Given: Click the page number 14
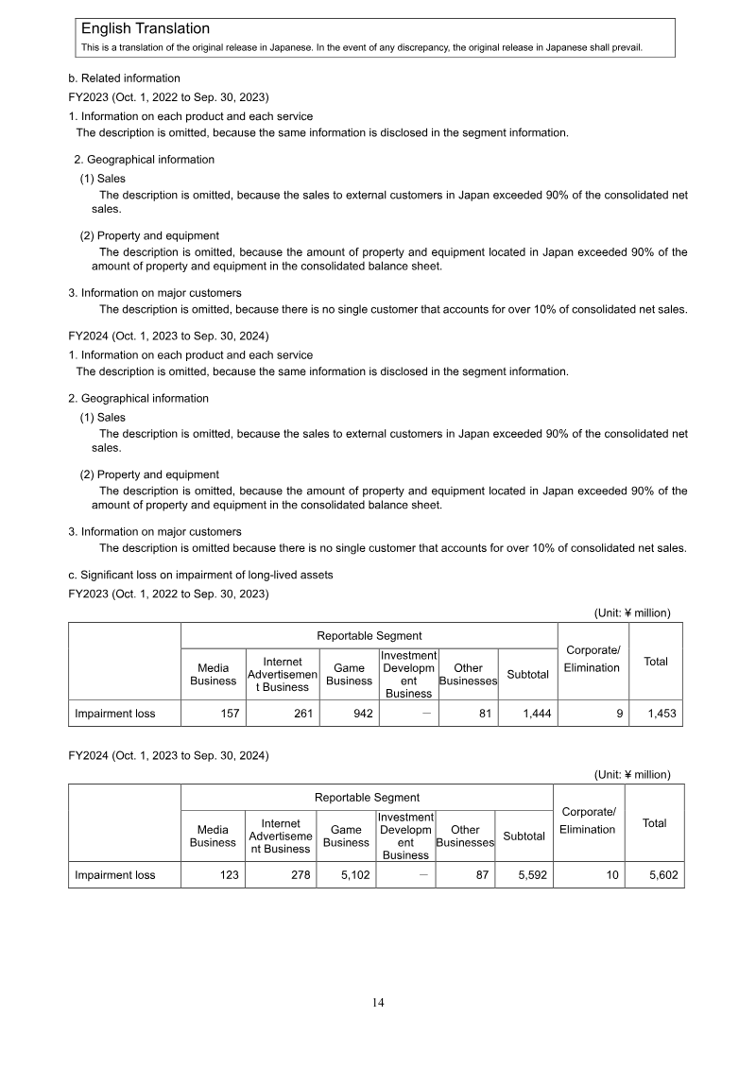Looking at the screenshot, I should click(378, 1003).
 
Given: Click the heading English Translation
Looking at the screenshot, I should click(146, 29).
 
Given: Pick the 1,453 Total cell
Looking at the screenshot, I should click(656, 714).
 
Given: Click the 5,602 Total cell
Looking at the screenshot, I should click(654, 875).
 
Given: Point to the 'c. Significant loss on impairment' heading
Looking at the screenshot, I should click(200, 575).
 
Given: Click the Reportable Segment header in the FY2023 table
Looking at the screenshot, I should click(369, 635).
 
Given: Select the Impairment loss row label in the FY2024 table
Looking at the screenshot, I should click(115, 875).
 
